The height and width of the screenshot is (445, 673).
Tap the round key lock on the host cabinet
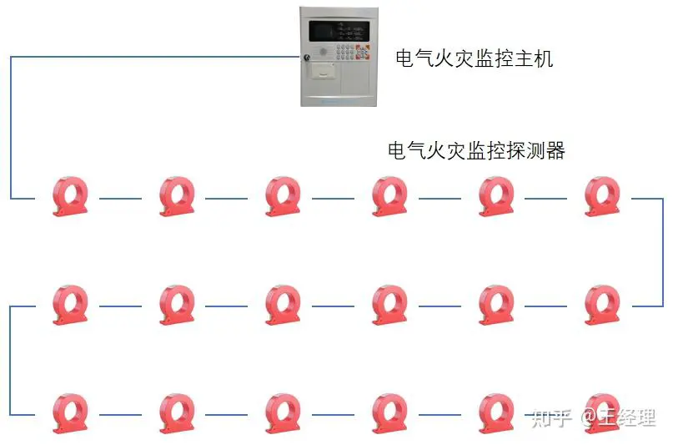point(306,57)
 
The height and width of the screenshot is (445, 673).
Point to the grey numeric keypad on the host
point(345,52)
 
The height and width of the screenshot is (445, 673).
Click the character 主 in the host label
point(524,58)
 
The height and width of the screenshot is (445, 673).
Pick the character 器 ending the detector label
point(555,151)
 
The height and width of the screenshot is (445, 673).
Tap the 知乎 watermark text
point(552,417)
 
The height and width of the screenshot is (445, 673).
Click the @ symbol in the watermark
point(590,418)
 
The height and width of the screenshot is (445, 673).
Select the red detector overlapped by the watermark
point(602,412)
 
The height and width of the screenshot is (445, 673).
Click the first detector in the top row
point(70,196)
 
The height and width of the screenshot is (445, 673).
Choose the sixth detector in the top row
point(602,196)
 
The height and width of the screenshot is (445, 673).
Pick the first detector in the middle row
point(70,305)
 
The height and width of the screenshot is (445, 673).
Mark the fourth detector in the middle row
point(389,305)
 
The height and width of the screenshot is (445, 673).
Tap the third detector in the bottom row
point(283,412)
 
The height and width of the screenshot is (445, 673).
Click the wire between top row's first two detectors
point(120,199)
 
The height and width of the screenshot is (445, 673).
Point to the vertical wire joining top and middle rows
point(663,253)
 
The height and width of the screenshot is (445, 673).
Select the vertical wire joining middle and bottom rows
point(10,361)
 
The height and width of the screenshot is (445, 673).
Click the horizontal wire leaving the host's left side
point(155,56)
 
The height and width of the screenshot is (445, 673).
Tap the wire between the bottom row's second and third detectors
point(226,414)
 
